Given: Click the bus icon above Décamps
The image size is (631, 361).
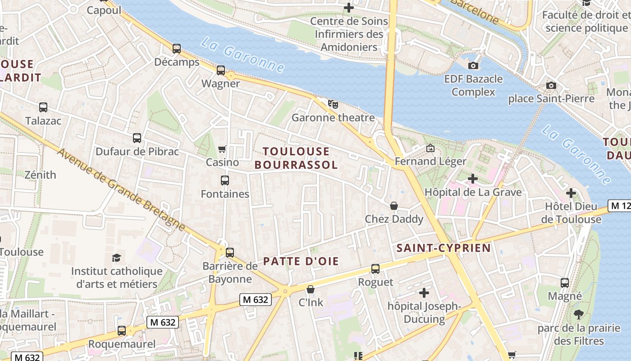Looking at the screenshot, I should tap(177, 49).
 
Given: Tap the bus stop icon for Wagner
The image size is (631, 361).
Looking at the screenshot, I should tap(221, 70).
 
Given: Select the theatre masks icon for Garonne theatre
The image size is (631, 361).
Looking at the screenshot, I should tap(333, 104).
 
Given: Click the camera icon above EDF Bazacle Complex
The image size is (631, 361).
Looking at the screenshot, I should tap(473, 66).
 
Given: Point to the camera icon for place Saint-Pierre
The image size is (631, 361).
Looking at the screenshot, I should tap(551, 85).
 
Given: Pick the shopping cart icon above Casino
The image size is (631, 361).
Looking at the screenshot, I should tap(222, 149).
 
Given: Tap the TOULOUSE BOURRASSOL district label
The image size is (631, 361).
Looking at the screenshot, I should tap(296, 158).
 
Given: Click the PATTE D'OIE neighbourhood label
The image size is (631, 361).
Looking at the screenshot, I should tap(301, 261).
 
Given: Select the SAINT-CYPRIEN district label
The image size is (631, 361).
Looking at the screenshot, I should tap(444, 248).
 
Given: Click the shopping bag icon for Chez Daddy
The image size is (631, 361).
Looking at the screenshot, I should tap(394, 206).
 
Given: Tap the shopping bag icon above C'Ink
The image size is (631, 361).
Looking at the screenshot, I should tap(311, 289).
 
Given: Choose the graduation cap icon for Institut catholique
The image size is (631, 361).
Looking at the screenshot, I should tap(117, 258).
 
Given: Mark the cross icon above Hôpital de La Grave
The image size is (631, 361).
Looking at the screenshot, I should tap(473, 179).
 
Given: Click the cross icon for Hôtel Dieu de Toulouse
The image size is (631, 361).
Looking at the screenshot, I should tap(571, 194).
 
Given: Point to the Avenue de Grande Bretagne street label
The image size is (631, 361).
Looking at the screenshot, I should tap(121, 190).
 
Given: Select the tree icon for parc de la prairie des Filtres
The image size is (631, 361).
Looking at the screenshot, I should tap(579, 315).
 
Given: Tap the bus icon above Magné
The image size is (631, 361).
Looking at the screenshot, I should tap(565, 283).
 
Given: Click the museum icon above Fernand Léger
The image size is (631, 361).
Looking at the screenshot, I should tap(430, 148).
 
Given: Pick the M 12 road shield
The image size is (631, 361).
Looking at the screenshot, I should tap(619, 206).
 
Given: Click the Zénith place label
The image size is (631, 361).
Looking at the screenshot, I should tap(41, 175).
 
